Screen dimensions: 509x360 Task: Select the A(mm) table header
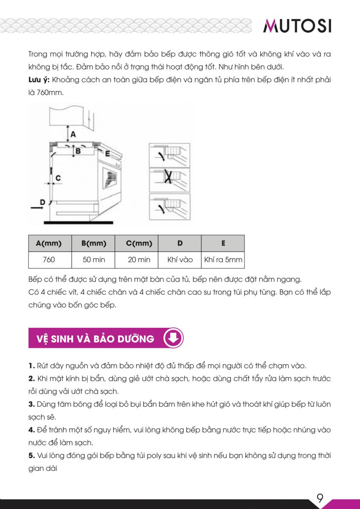pos(49,243)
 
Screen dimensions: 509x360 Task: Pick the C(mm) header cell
pos(139,243)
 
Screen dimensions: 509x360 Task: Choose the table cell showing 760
pos(49,260)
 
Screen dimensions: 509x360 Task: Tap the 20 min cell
pos(139,260)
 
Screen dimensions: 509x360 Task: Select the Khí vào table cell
pos(180,260)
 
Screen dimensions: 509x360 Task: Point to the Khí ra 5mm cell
pos(223,260)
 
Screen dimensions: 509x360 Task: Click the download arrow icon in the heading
pos(173,338)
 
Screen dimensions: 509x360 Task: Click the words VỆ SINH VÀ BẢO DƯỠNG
pos(95,338)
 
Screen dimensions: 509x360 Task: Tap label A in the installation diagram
pos(73,134)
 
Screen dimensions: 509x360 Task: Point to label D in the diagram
pos(42,202)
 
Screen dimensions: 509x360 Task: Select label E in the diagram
pos(108,154)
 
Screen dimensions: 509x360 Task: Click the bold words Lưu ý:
pos(39,80)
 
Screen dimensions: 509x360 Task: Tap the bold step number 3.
pos(31,404)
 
